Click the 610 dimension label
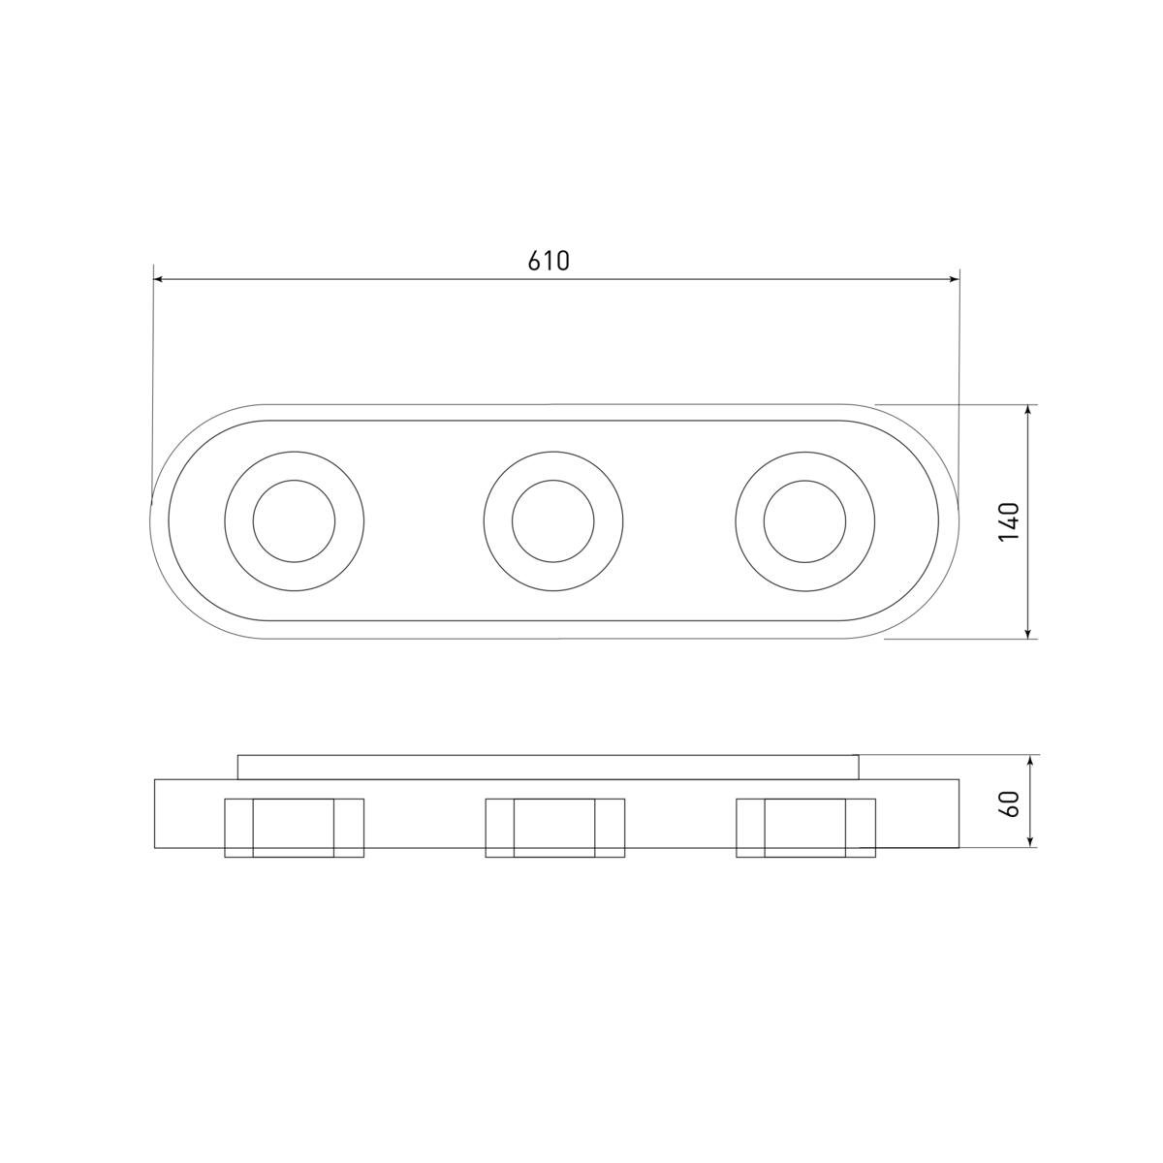pyautogui.click(x=548, y=261)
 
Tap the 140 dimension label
pyautogui.click(x=1010, y=521)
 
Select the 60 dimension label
pyautogui.click(x=1011, y=803)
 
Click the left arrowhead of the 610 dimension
pyautogui.click(x=159, y=279)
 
